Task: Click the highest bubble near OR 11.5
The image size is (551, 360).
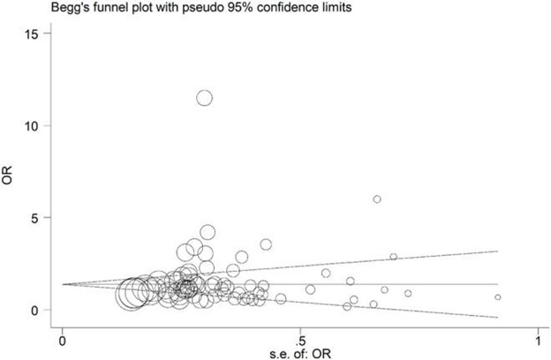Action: (204, 98)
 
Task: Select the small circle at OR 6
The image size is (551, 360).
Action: (377, 199)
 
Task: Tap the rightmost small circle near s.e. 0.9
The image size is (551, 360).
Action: (498, 297)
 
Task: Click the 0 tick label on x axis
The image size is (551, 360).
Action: (62, 339)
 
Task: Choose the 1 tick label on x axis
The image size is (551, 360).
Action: (537, 339)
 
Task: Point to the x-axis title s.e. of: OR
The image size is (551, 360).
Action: (300, 352)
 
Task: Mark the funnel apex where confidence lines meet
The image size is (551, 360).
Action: (63, 284)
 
